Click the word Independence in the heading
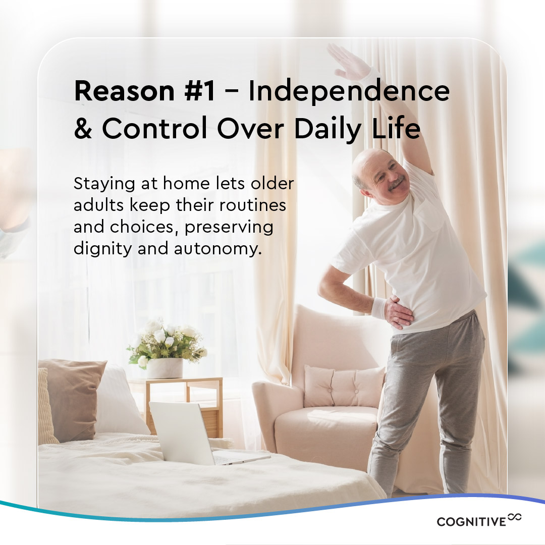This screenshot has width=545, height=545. [x=348, y=91]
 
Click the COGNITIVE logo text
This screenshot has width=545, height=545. [x=471, y=522]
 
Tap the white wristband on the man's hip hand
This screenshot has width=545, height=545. [x=378, y=308]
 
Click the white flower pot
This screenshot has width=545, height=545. [x=165, y=368]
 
